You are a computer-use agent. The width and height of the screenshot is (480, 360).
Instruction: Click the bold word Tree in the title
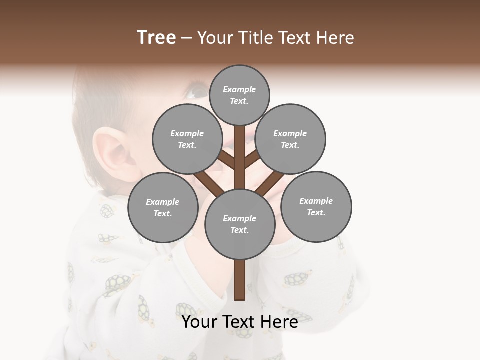(x=156, y=38)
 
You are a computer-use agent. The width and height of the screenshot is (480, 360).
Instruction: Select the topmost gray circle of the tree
(x=239, y=95)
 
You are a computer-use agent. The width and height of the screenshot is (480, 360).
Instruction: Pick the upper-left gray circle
(x=187, y=139)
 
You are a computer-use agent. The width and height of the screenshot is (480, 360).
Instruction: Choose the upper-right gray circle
(x=290, y=139)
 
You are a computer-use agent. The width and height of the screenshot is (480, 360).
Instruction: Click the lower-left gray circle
(x=163, y=207)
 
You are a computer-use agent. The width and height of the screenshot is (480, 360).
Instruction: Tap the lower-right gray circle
(x=316, y=206)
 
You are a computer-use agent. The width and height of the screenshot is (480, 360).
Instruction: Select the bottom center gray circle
(x=240, y=224)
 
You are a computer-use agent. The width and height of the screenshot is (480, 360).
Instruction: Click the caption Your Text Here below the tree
(x=240, y=321)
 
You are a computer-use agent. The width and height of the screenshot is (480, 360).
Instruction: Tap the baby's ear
(x=112, y=150)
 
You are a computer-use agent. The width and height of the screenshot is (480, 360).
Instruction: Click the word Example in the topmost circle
(x=239, y=89)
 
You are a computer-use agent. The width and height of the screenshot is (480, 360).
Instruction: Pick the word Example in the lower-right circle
(x=316, y=201)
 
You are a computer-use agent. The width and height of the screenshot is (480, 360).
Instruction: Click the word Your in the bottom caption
(x=199, y=321)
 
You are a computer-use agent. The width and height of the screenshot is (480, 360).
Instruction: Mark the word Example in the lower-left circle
(x=162, y=202)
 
